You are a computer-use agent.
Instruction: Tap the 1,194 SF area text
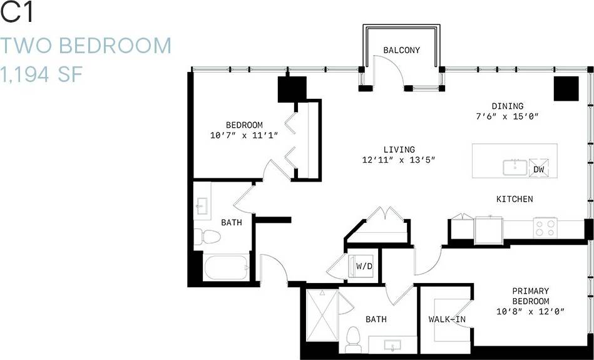point(42,75)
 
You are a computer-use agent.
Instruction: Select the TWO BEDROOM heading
point(86,45)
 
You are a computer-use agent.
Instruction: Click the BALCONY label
point(401,50)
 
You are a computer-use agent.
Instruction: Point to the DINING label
point(507,106)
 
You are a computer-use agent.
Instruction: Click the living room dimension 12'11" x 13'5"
point(399,160)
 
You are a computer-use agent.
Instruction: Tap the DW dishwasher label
point(538,169)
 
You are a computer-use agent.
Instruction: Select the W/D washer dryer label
point(364,265)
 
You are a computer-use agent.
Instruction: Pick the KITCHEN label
point(515,199)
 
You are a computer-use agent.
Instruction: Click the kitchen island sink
point(515,167)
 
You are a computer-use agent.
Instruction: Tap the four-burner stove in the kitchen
point(545,227)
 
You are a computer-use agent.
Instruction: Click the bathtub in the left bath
point(225,267)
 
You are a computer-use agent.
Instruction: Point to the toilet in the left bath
point(207,237)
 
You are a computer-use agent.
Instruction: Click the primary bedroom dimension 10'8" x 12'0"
point(530,311)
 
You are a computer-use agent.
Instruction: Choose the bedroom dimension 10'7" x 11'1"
point(244,135)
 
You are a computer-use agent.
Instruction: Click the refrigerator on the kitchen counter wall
point(488,229)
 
